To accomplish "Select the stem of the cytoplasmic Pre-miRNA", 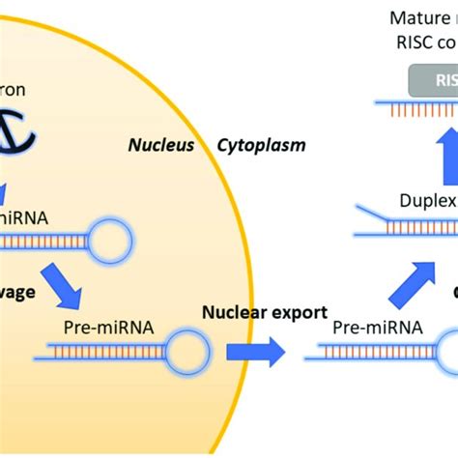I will (x=367, y=358).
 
